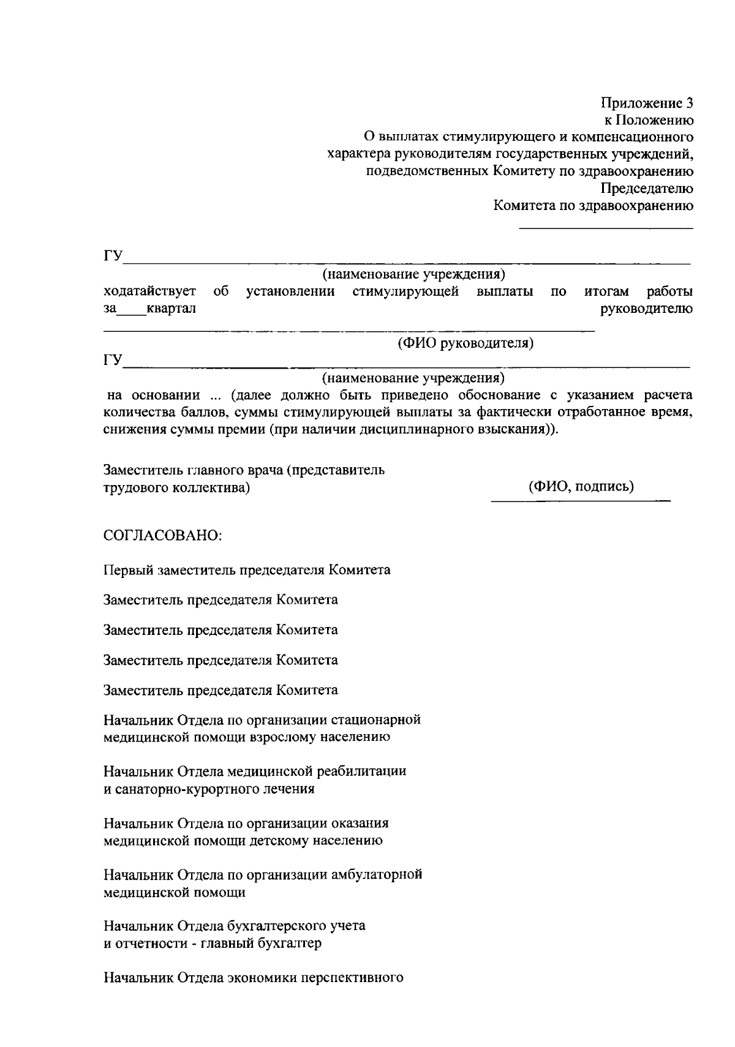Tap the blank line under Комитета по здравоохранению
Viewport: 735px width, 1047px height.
(x=606, y=228)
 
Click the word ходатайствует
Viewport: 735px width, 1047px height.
(x=150, y=291)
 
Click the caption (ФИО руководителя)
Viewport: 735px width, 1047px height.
(x=466, y=343)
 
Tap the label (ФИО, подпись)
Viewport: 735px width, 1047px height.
(x=581, y=486)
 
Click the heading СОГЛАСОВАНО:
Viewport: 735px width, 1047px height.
(x=163, y=535)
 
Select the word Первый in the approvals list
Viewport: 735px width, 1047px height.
(x=128, y=570)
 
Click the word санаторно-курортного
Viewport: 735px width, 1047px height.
(x=171, y=789)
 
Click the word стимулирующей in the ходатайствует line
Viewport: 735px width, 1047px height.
(x=405, y=291)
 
